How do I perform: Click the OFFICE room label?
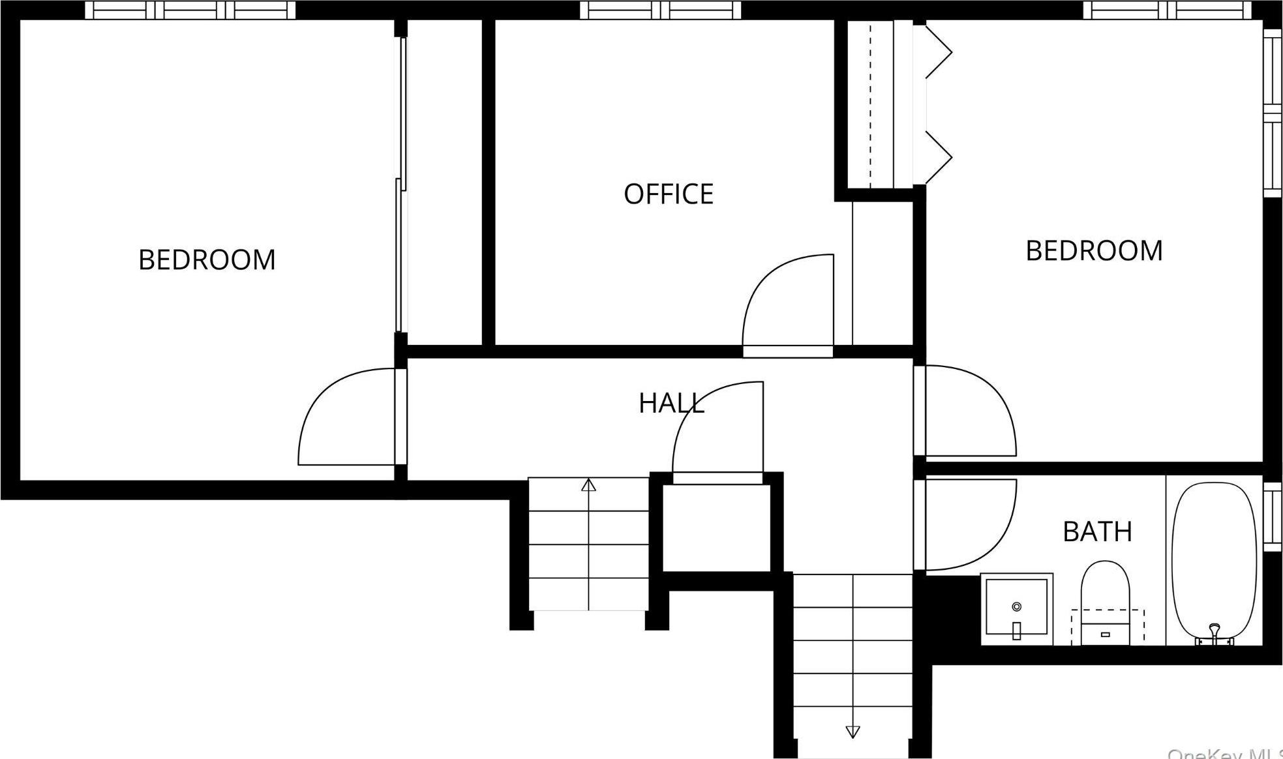669,194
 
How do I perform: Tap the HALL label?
671,404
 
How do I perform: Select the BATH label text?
1097,532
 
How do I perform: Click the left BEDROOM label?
207,260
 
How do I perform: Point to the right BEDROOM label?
1094,251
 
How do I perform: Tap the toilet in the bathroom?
1105,600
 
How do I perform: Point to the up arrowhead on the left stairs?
588,485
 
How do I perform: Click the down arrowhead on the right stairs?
853,732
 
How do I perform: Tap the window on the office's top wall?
661,10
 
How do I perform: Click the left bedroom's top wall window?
190,10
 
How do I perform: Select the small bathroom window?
1273,516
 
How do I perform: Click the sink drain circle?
1016,606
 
